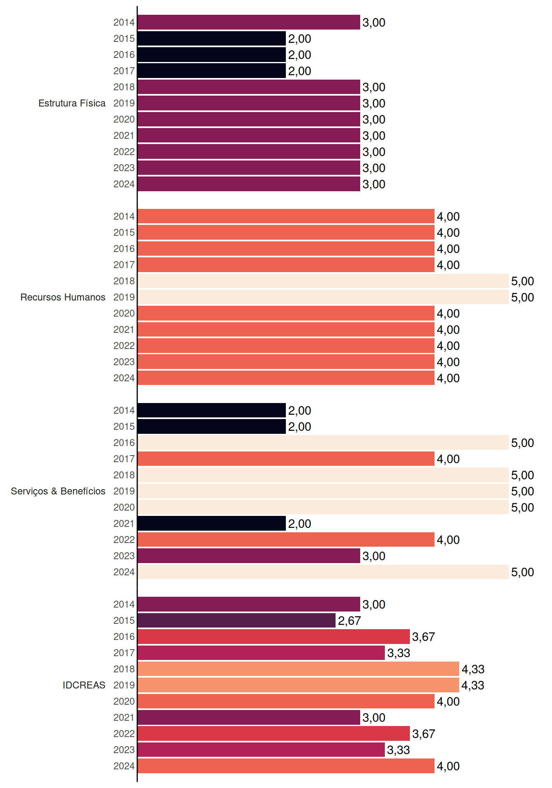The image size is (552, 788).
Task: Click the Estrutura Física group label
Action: [72, 103]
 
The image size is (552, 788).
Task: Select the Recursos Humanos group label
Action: [63, 297]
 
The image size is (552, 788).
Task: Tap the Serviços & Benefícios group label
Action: [58, 491]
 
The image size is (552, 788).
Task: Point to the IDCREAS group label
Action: [84, 685]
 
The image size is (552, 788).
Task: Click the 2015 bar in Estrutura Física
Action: [212, 39]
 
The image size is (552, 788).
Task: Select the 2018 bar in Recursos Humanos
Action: [323, 281]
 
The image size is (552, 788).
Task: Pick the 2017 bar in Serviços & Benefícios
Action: [286, 459]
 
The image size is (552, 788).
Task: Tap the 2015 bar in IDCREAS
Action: [237, 621]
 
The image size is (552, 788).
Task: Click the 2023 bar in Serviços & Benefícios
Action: [249, 556]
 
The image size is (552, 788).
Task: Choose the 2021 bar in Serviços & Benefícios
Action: [212, 523]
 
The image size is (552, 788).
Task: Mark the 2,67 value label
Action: [349, 621]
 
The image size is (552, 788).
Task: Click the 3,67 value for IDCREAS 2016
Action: [423, 637]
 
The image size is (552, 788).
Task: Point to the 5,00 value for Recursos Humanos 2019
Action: [522, 298]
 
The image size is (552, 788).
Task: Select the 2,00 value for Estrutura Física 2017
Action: [299, 71]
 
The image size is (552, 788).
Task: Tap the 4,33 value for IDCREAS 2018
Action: [473, 669]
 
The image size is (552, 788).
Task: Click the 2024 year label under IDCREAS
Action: [124, 766]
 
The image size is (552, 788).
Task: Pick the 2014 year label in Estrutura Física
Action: [124, 22]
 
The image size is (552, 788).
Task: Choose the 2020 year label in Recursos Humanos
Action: [124, 313]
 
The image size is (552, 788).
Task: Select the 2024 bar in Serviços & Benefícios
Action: [323, 572]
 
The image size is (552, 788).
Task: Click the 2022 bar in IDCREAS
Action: [274, 733]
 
